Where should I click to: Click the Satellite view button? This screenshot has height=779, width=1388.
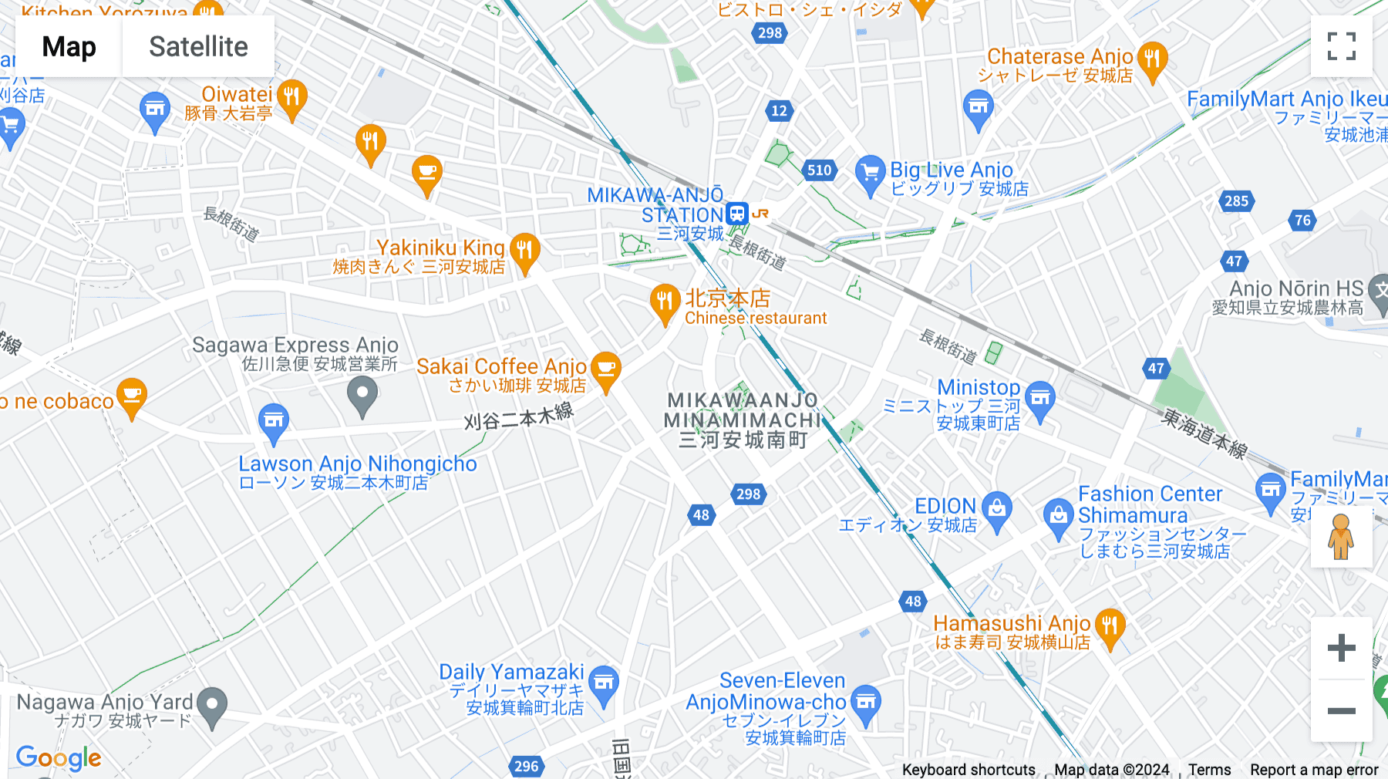point(198,47)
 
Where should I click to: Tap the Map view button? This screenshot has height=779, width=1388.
point(69,47)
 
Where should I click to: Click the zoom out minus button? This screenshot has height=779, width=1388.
point(1341,710)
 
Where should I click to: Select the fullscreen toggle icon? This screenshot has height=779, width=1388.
point(1341,46)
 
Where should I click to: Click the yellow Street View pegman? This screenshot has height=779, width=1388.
point(1341,537)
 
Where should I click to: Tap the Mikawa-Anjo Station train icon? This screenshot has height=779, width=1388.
point(737,213)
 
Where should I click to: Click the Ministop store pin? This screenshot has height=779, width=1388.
point(1040,399)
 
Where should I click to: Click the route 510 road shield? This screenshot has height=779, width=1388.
point(819,170)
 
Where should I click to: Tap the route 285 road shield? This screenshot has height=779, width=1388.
point(1236,201)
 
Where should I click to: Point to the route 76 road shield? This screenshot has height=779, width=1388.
point(1302,221)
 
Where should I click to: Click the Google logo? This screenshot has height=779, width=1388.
point(59,758)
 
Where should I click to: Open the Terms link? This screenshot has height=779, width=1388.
point(1209,770)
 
